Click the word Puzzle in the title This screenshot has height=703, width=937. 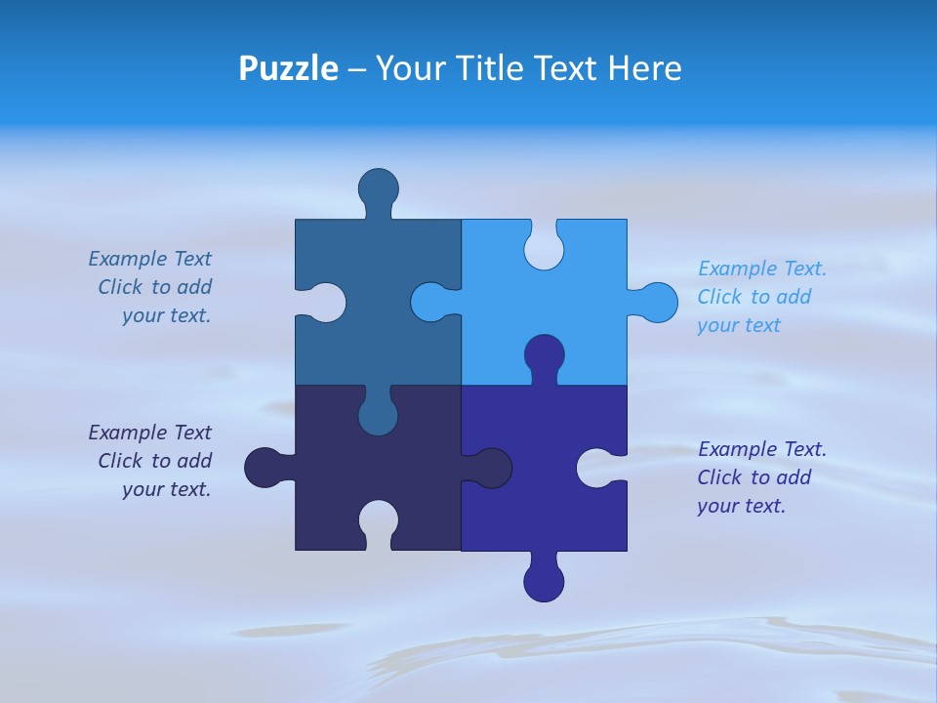pos(288,68)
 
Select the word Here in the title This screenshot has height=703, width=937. pos(644,68)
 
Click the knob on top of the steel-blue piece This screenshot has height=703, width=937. pos(378,188)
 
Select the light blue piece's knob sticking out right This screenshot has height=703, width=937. pos(656,302)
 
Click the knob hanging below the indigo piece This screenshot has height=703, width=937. pos(544,580)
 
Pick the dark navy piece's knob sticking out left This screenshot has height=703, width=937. pos(265,468)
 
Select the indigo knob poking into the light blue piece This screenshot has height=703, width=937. pos(544,356)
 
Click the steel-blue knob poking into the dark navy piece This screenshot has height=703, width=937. pos(378,414)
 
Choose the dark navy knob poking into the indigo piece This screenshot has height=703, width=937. pos(490,468)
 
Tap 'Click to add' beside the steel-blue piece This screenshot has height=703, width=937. pos(154,287)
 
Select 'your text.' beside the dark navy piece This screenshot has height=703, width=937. pos(166,489)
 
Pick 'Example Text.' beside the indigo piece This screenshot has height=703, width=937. pos(762,449)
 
